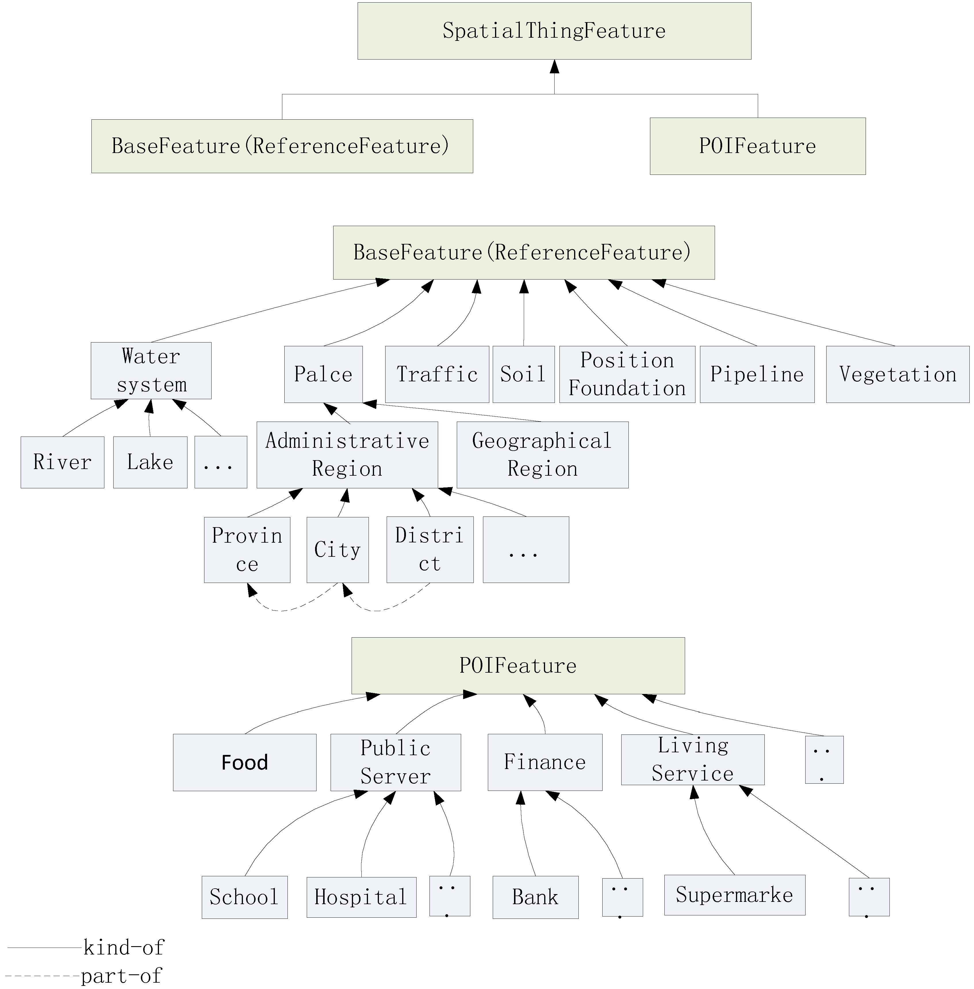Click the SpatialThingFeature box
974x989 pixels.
pos(554,31)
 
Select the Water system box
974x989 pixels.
pos(151,370)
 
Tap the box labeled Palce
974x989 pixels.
pos(323,374)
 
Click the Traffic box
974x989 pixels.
pos(437,374)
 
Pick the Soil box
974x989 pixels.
pos(523,374)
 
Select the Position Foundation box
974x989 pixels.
pos(627,374)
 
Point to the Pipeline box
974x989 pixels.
pos(757,374)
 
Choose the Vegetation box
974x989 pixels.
pos(897,374)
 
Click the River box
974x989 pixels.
pos(62,462)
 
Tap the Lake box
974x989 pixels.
pos(150,462)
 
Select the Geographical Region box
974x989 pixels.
pos(542,454)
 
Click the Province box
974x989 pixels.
pos(247,550)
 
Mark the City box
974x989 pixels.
pos(338,550)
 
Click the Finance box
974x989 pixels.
pos(545,762)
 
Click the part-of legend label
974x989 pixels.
pos(121,976)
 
